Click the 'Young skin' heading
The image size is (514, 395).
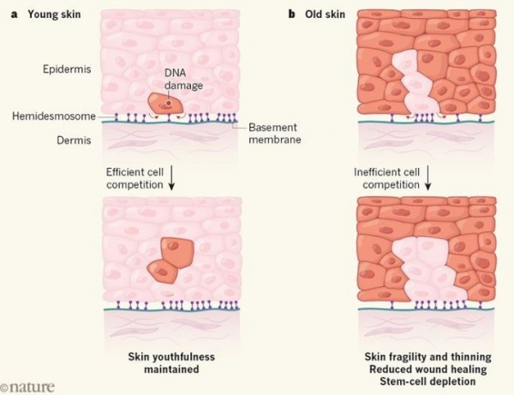click(x=54, y=15)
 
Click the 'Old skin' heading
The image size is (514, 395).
click(x=325, y=15)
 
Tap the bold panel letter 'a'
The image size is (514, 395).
click(x=14, y=15)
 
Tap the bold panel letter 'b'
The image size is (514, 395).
click(x=291, y=14)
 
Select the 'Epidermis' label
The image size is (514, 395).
click(x=67, y=69)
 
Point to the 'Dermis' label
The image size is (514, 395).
click(x=74, y=141)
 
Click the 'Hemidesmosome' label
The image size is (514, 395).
click(x=54, y=116)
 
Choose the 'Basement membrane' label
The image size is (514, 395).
click(x=275, y=134)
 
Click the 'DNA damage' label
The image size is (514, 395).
click(x=183, y=79)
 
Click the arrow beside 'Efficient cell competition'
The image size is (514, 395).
click(x=171, y=177)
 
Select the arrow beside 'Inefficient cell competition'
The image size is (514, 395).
click(x=427, y=177)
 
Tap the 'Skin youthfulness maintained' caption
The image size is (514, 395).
click(x=171, y=363)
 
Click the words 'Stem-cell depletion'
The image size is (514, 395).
click(x=427, y=381)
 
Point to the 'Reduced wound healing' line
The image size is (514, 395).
click(x=427, y=369)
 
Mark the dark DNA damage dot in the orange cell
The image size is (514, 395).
click(x=169, y=103)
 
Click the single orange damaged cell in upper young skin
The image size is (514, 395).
click(x=165, y=103)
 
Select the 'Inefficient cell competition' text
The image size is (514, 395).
click(x=387, y=178)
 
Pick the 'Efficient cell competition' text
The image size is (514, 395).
click(x=134, y=178)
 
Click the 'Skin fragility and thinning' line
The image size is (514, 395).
click(x=427, y=356)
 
